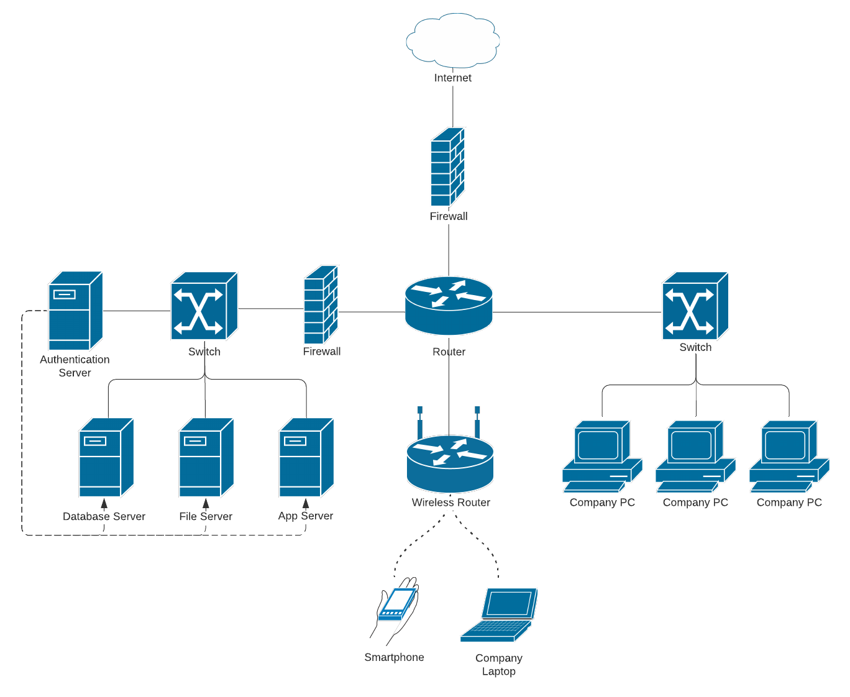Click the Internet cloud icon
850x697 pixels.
point(452,40)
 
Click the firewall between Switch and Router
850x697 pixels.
point(321,305)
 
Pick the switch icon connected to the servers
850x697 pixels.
point(204,306)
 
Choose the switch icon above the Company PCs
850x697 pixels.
point(695,306)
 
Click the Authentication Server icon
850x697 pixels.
point(75,311)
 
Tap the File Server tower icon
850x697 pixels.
point(206,457)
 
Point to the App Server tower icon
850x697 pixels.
point(306,457)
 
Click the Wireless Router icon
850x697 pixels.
point(450,463)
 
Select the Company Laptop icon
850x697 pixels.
point(499,615)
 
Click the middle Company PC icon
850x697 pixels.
point(695,457)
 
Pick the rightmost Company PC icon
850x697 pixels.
point(788,457)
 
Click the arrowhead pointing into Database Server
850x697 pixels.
point(104,504)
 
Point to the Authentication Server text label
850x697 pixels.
point(75,366)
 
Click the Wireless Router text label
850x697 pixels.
point(450,503)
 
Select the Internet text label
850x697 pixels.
point(452,78)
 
